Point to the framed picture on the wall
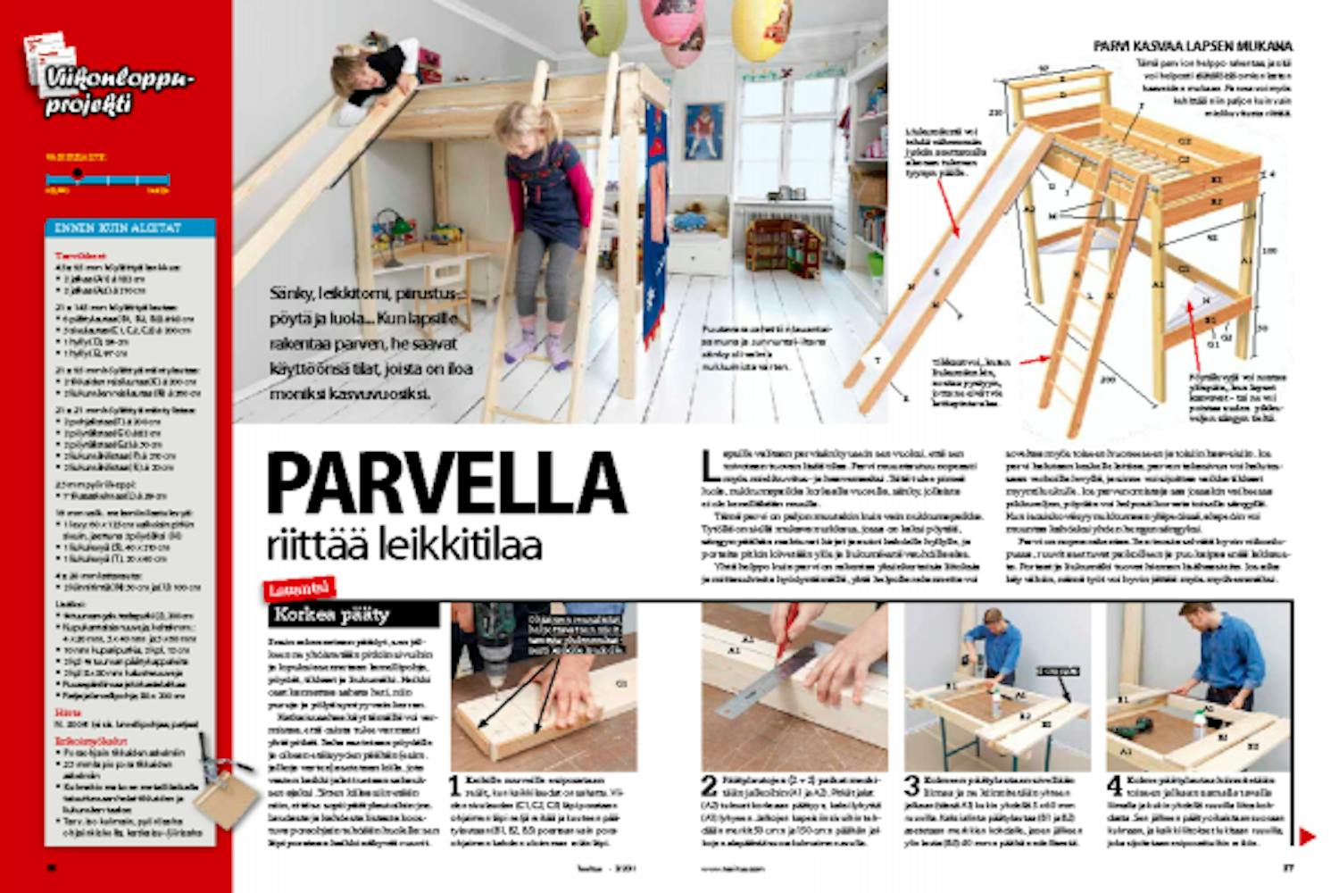(x=703, y=131)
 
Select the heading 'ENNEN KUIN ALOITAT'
(x=130, y=228)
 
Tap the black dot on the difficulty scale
(x=78, y=173)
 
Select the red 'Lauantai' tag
(x=300, y=588)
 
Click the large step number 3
(x=911, y=787)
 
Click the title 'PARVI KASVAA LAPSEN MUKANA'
(x=1193, y=46)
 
